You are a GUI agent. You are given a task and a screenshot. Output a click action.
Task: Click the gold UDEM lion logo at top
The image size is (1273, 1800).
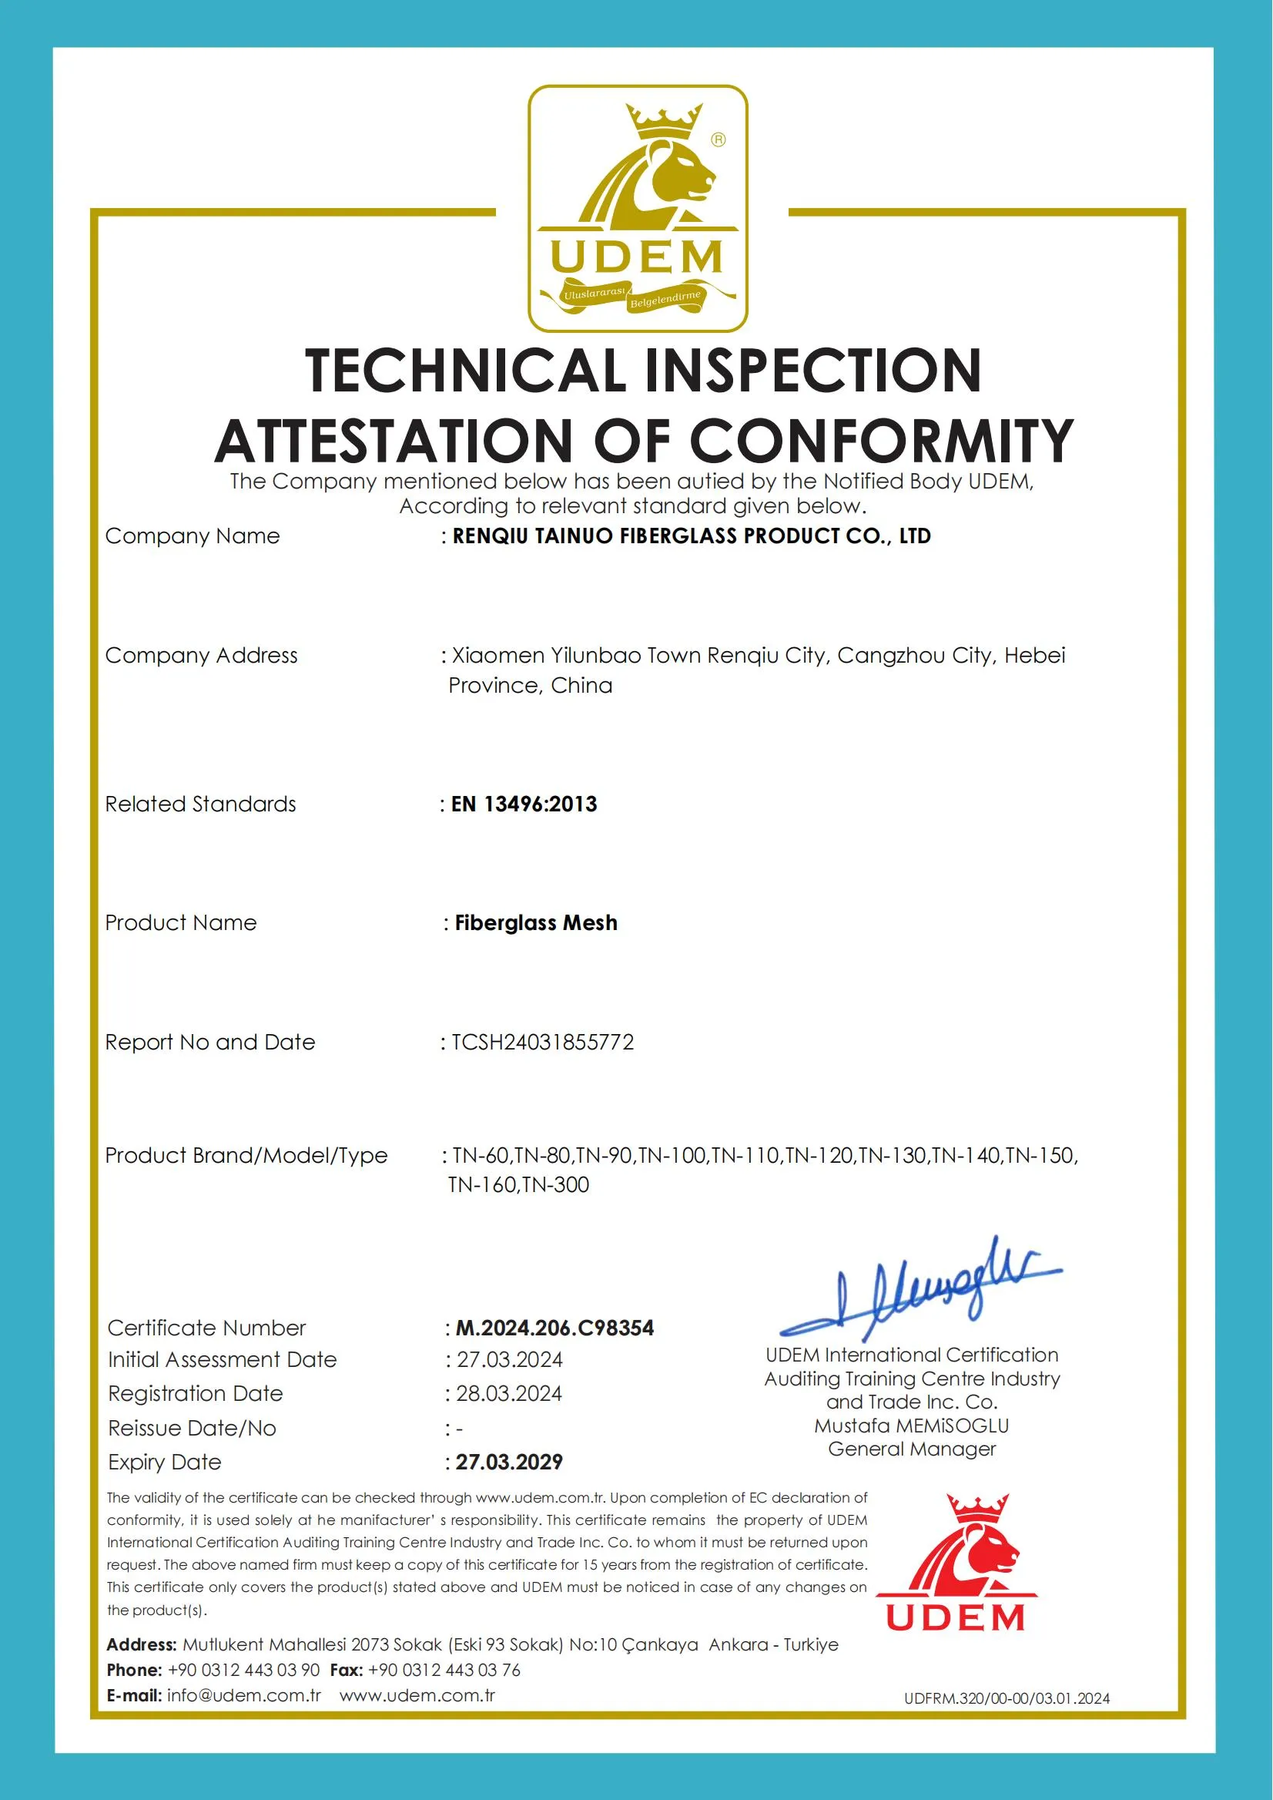coord(638,208)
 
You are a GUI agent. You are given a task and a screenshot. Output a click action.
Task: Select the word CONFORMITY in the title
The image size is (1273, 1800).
coord(881,441)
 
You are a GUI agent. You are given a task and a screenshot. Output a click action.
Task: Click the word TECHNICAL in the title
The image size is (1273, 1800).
coord(464,371)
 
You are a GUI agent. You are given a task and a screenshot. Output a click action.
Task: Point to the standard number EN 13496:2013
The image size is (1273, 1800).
coord(524,804)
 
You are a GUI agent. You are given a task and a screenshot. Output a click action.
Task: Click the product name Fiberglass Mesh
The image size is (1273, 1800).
coord(536,922)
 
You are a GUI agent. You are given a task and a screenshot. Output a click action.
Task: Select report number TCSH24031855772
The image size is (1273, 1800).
coord(542,1043)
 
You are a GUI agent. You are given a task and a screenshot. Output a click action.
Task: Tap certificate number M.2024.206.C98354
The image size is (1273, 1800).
coord(555,1328)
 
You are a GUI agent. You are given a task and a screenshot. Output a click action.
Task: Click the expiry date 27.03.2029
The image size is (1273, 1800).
coord(510,1462)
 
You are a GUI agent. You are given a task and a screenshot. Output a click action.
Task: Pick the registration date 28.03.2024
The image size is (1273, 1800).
coord(510,1394)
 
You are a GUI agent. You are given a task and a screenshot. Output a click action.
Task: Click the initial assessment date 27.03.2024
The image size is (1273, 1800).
coord(510,1359)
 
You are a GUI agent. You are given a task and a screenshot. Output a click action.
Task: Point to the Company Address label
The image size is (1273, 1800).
coord(202,656)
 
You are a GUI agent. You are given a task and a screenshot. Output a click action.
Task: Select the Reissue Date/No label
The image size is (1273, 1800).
coord(192,1429)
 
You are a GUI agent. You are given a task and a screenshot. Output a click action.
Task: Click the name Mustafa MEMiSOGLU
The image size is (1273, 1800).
coord(912,1425)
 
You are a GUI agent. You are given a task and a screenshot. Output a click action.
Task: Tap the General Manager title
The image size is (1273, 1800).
coord(912,1449)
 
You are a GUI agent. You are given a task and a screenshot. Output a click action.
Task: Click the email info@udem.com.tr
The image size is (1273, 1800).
coord(244,1695)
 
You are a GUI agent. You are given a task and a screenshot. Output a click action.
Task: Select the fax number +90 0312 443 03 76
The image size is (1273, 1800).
coord(444,1670)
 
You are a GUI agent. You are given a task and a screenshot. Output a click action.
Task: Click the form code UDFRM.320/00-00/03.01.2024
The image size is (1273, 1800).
coord(1007,1699)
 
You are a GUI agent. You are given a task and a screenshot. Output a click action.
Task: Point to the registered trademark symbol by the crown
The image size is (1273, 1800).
coord(718,139)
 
